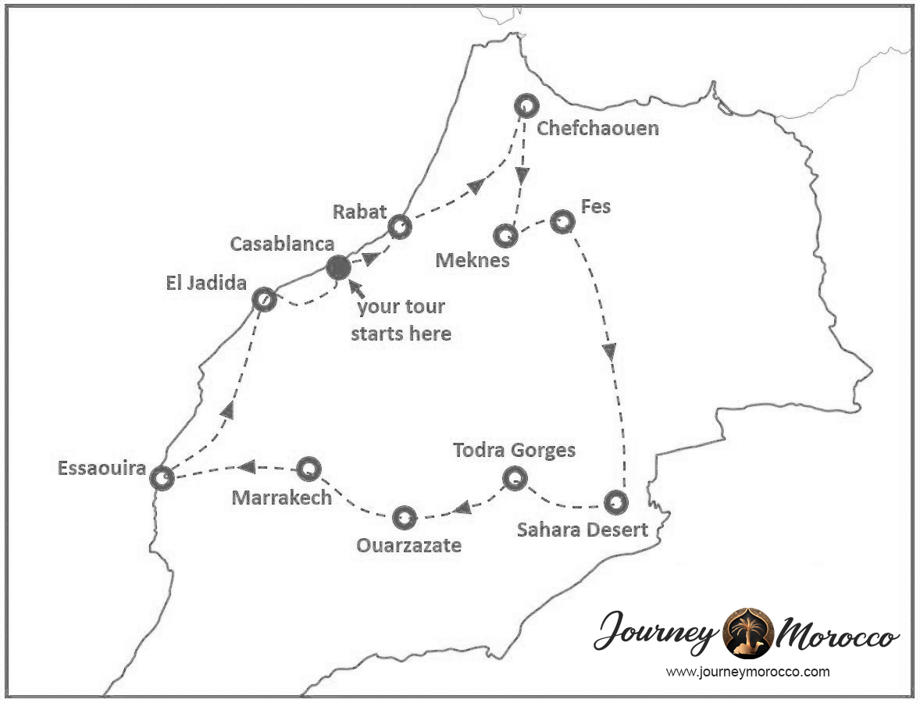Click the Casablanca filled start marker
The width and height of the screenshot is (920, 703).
338,268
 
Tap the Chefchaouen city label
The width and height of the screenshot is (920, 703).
597,128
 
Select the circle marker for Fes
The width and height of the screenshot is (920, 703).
562,222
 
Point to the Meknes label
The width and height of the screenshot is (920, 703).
472,260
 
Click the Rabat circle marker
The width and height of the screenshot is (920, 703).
400,227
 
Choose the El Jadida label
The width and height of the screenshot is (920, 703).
205,283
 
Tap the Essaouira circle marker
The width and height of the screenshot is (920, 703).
162,477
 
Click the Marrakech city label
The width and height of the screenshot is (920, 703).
282,498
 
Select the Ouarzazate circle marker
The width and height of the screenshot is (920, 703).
404,517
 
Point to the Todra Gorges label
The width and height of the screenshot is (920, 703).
515,451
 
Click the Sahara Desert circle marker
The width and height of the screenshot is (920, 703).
616,501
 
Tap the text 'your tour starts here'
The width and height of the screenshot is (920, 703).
401,319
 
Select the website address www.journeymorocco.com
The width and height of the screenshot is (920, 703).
747,672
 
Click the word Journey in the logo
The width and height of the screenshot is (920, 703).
656,633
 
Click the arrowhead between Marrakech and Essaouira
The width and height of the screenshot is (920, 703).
247,467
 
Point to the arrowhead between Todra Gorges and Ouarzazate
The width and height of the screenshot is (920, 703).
462,509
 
